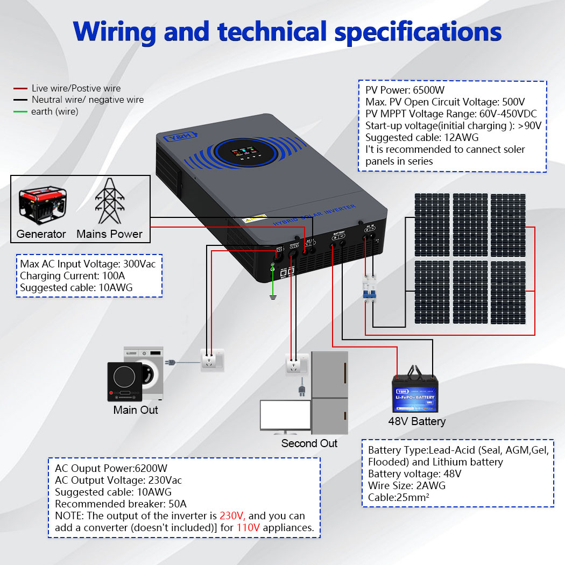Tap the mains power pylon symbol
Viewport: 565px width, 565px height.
110,201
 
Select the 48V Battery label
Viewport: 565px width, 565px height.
417,421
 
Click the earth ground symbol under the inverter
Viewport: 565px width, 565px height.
273,296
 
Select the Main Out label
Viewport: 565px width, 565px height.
136,410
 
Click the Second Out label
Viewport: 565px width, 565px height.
309,443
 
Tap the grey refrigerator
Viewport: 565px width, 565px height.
329,393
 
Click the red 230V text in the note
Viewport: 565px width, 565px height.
232,516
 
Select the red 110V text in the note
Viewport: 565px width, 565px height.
248,528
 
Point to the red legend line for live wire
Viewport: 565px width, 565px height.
20,88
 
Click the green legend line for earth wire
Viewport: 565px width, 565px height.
20,112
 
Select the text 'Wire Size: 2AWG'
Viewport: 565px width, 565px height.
407,486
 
